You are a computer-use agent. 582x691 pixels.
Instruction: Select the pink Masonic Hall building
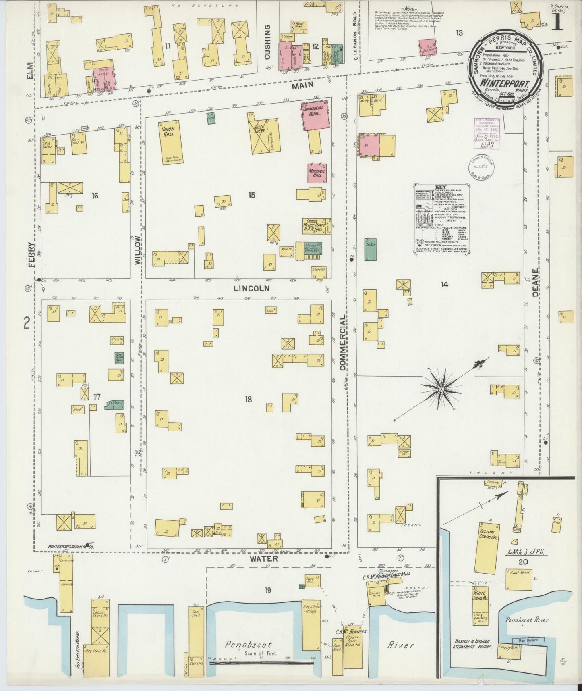pos(317,173)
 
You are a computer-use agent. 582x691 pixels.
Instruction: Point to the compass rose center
pos(441,389)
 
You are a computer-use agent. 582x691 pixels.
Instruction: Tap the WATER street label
pos(263,558)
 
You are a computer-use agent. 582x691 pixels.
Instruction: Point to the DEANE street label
pos(535,282)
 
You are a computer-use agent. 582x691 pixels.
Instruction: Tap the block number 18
pos(248,399)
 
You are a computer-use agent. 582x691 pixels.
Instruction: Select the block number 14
pos(444,285)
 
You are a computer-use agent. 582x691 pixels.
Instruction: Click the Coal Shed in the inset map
pos(519,580)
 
